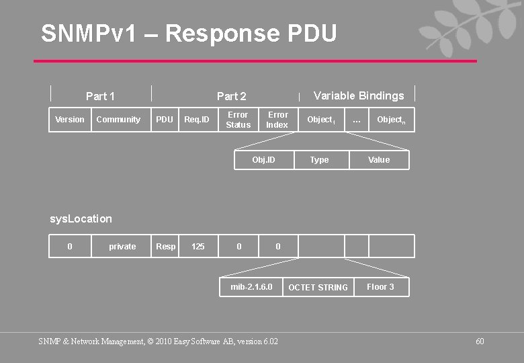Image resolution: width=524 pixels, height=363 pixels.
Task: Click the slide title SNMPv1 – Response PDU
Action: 189,32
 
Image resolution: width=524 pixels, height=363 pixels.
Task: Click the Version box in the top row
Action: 70,120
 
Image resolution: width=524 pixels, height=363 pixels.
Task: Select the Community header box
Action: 118,120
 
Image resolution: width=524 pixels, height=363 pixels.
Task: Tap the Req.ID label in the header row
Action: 197,120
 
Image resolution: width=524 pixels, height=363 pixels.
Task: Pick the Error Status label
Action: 238,120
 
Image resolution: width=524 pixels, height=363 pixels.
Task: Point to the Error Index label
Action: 277,120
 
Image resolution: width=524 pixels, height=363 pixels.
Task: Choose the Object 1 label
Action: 320,120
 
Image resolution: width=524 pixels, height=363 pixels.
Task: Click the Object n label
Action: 390,120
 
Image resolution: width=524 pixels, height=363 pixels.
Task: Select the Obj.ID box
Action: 263,160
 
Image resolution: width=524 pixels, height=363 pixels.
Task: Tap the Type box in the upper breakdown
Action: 320,160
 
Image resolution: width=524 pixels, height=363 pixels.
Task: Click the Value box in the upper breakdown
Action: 379,160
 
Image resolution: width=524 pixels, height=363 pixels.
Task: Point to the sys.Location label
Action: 81,218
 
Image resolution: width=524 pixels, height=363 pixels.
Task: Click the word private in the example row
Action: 122,247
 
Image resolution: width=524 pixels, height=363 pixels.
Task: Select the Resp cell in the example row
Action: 166,247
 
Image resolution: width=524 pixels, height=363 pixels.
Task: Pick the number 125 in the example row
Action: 198,247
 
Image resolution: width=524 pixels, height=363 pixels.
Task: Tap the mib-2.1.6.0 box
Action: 252,287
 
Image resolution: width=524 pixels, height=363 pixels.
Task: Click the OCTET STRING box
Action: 318,288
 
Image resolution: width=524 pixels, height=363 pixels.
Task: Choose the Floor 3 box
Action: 380,287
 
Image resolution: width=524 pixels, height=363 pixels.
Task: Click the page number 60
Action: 480,341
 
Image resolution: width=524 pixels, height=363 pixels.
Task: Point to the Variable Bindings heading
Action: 359,95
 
